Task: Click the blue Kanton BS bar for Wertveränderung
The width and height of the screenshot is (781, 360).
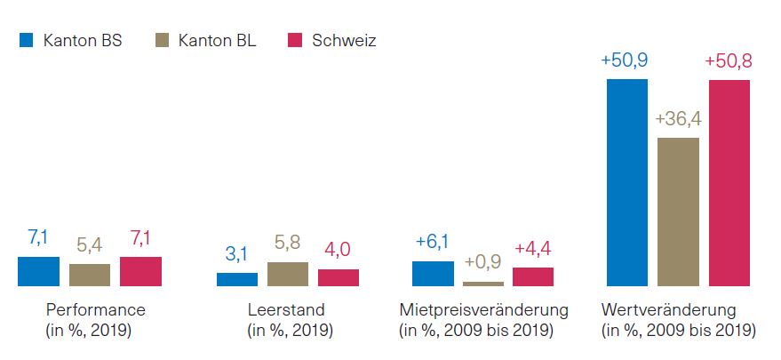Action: pos(626,182)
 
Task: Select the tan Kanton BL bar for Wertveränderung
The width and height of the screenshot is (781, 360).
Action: pos(678,212)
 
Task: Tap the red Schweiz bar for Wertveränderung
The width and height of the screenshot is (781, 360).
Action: pos(729,182)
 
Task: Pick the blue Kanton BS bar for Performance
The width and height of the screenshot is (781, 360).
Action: pos(38,271)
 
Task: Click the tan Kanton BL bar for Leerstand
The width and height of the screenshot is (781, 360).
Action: pos(287,274)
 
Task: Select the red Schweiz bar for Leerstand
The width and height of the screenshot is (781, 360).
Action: pos(339,277)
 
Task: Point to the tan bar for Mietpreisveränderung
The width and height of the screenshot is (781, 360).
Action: pos(482,284)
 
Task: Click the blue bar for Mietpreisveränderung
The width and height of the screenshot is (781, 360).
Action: pos(433,274)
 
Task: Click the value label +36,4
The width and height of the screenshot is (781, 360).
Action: pos(678,119)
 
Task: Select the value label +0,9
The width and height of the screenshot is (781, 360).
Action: pos(482,263)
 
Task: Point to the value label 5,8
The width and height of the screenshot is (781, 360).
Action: pos(287,243)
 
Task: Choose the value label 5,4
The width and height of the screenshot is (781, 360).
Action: pos(89,244)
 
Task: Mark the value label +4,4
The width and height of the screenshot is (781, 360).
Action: pos(533,249)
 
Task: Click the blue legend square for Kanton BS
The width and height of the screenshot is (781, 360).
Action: pos(26,40)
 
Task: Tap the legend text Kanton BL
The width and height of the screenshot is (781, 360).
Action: pos(217,41)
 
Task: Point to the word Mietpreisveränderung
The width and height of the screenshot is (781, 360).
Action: pos(484,310)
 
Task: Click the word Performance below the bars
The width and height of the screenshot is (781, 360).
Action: pos(94,310)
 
